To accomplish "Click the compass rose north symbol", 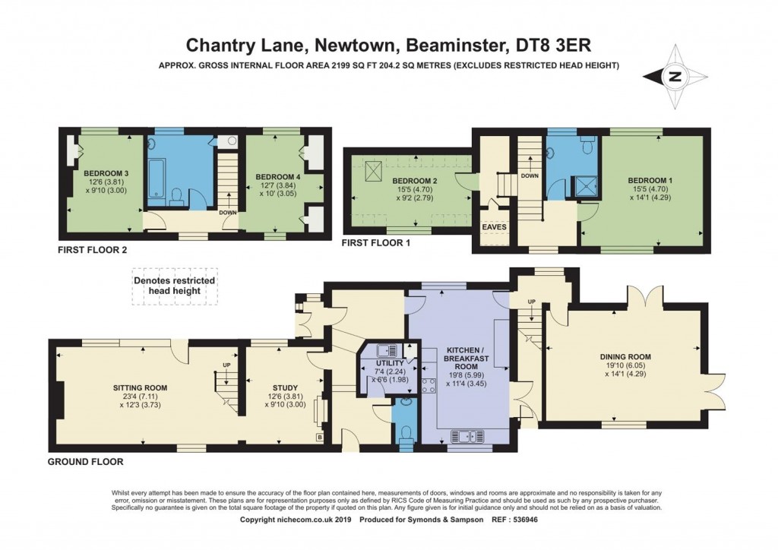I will pos(674,77).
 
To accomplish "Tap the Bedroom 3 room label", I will pos(106,173).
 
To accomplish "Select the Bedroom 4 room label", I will pos(274,177).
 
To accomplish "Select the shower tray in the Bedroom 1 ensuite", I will pos(585,185).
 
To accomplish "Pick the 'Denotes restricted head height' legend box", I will pos(175,286).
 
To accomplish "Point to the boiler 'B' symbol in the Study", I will pos(320,438).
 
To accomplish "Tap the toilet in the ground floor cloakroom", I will pos(407,432).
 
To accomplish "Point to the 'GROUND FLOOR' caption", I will pos(85,461).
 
